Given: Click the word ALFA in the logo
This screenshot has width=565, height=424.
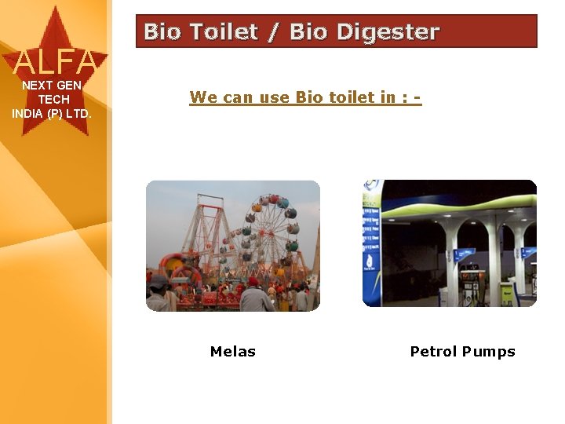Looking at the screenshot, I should pos(55,60).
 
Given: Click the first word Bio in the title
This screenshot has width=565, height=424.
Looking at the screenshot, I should pos(162,32).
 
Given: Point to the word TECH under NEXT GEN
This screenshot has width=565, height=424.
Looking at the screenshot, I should pos(53,100).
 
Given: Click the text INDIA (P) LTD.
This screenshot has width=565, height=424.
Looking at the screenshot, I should pos(52,114).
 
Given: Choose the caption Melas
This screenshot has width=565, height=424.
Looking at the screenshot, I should pos(233,352).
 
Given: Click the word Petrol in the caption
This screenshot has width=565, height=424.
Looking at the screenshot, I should pos(434,352).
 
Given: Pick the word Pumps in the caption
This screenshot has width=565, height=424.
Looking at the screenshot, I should pos(489,352).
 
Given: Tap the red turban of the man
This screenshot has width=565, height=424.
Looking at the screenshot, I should pos(253,281).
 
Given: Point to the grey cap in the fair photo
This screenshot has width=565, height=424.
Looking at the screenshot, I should pos(159,280).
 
